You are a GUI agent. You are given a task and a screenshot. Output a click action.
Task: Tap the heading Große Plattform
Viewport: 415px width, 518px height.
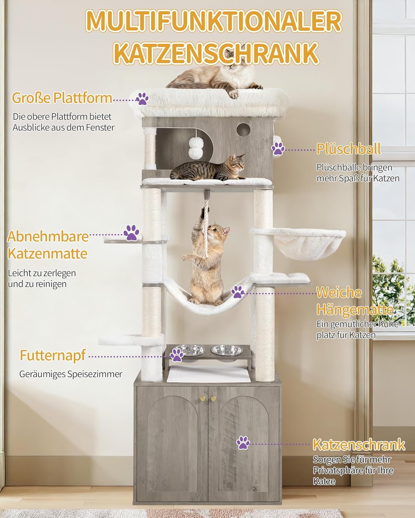click(x=62, y=98)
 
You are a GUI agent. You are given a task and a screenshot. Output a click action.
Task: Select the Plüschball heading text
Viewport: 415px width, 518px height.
click(x=349, y=149)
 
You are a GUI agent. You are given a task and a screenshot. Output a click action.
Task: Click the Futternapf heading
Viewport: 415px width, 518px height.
click(x=53, y=355)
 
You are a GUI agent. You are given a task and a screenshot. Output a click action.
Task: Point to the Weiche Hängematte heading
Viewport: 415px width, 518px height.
click(x=355, y=301)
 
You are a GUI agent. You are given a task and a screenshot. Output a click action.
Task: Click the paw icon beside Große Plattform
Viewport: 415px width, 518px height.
click(x=142, y=99)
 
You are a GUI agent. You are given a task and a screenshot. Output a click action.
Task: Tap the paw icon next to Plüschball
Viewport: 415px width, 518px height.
click(x=278, y=149)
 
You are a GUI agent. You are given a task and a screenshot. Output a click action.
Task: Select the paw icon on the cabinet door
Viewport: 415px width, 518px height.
click(x=243, y=443)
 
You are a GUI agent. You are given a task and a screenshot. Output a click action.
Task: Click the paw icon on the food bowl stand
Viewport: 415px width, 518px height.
click(x=177, y=355)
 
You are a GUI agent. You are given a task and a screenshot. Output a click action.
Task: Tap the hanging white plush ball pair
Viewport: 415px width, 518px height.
click(x=196, y=148)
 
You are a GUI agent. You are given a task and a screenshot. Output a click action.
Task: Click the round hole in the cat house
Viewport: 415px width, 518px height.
click(x=243, y=130)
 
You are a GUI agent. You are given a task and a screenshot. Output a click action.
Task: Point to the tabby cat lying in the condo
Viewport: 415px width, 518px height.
click(x=207, y=167)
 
